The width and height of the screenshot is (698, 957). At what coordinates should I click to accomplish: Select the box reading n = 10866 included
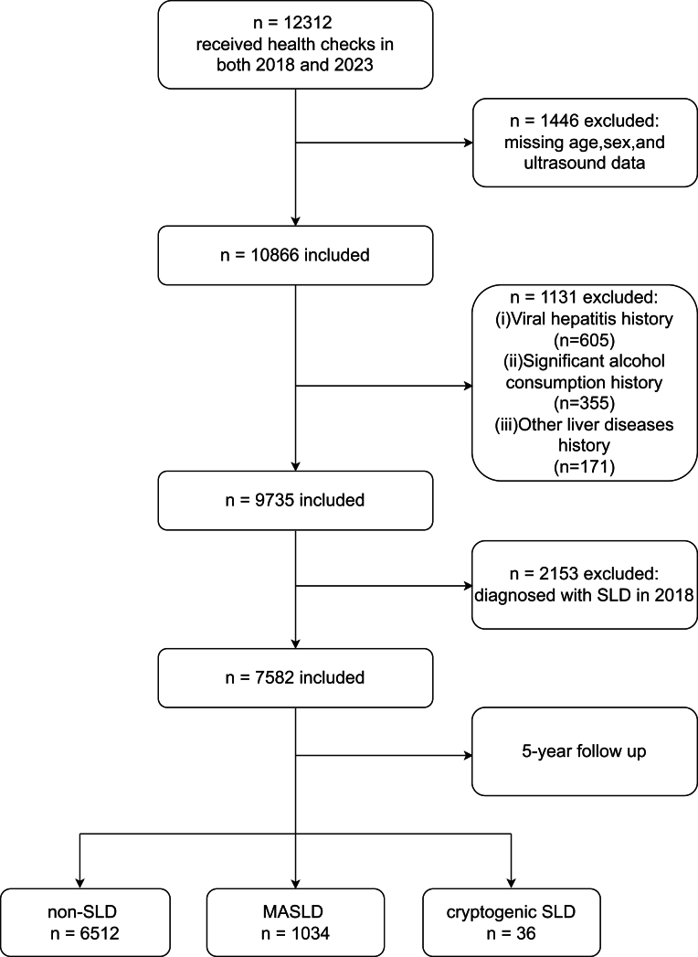coord(295,255)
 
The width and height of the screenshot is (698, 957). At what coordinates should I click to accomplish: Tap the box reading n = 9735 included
coord(295,501)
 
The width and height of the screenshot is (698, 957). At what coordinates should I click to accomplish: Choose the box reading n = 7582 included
coord(295,678)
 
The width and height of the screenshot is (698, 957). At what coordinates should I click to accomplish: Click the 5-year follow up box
coord(585,751)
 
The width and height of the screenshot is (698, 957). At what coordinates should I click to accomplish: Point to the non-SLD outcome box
coord(85,922)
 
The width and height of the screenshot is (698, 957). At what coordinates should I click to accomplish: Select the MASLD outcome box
coord(295,922)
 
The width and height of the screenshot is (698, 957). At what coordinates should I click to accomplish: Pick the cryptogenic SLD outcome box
coord(512,922)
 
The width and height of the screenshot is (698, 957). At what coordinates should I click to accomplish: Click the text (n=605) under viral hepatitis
coord(584,340)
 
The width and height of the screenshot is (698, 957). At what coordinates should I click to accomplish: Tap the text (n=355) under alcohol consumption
coord(584,403)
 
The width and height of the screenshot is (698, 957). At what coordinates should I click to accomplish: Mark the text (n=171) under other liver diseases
coord(584,467)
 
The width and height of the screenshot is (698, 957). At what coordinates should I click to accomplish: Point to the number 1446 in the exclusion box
coord(559,121)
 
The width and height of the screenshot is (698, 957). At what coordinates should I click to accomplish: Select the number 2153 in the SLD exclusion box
coord(559,574)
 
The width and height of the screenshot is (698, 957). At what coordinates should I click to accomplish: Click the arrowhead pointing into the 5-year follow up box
coord(468,756)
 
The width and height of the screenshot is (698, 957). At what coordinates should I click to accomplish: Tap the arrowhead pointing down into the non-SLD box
coord(79,885)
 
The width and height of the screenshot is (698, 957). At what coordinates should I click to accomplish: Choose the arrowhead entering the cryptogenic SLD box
coord(512,885)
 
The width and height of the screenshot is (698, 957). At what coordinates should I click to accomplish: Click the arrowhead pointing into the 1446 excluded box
coord(469,143)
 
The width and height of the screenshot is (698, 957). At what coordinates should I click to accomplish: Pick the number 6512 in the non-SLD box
coord(99,934)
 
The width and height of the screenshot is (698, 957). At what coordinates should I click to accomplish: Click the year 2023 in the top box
coord(354,65)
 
